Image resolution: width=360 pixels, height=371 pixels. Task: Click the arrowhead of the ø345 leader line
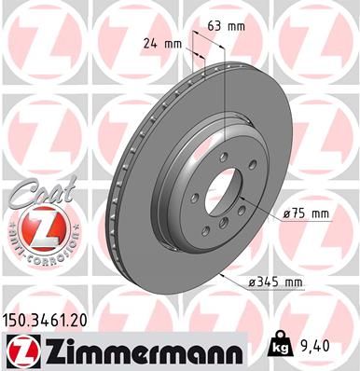point(222,277)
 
